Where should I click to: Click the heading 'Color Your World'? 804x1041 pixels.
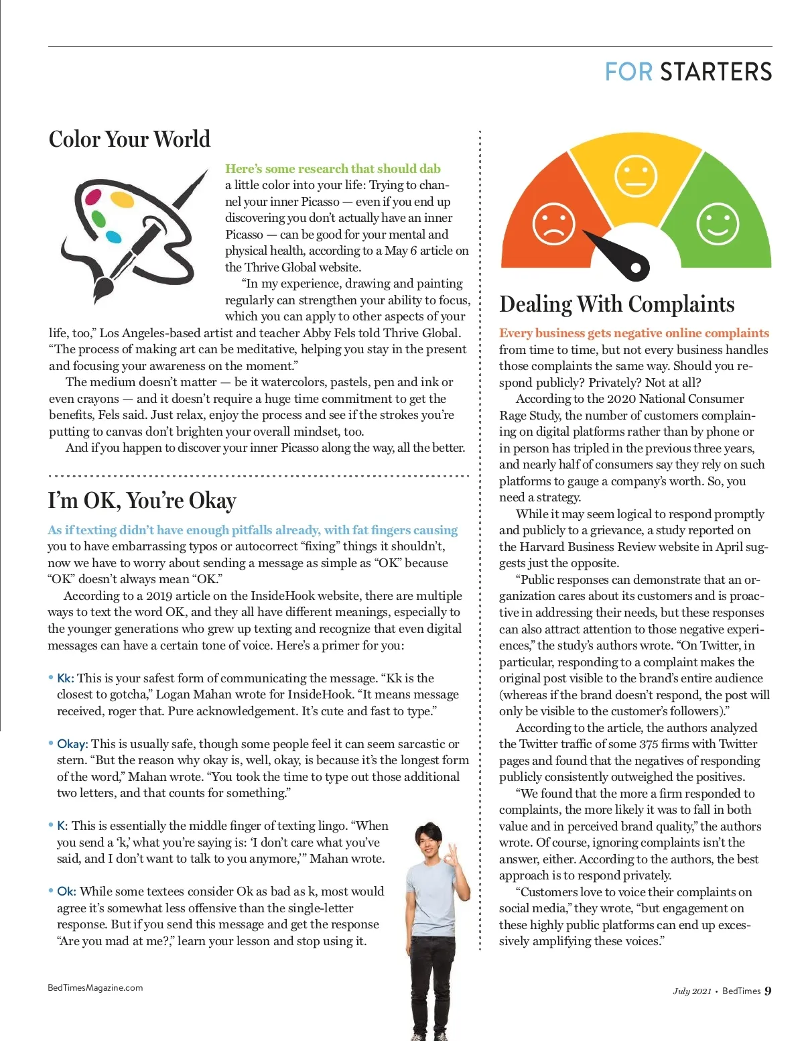coord(129,139)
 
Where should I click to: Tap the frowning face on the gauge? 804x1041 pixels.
coord(553,223)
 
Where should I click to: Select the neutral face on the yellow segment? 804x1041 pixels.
coord(635,176)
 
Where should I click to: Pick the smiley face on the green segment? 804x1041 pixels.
coord(718,224)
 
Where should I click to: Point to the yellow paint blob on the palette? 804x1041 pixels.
coord(122,199)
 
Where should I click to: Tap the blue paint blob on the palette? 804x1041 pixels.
coord(114,237)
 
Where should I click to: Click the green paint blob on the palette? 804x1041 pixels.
coord(98,219)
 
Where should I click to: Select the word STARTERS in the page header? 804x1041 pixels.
coord(716,72)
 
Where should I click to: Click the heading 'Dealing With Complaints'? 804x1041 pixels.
coord(616,304)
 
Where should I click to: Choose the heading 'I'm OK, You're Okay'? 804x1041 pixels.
coord(142,501)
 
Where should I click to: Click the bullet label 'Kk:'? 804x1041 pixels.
coord(65,678)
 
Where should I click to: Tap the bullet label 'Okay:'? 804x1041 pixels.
coord(72,744)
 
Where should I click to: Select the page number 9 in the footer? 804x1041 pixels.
coord(768,991)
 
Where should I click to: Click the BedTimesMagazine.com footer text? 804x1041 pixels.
coord(95,987)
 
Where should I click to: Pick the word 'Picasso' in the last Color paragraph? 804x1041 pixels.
coord(299,448)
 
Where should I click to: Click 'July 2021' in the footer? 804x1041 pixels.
coord(691,991)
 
